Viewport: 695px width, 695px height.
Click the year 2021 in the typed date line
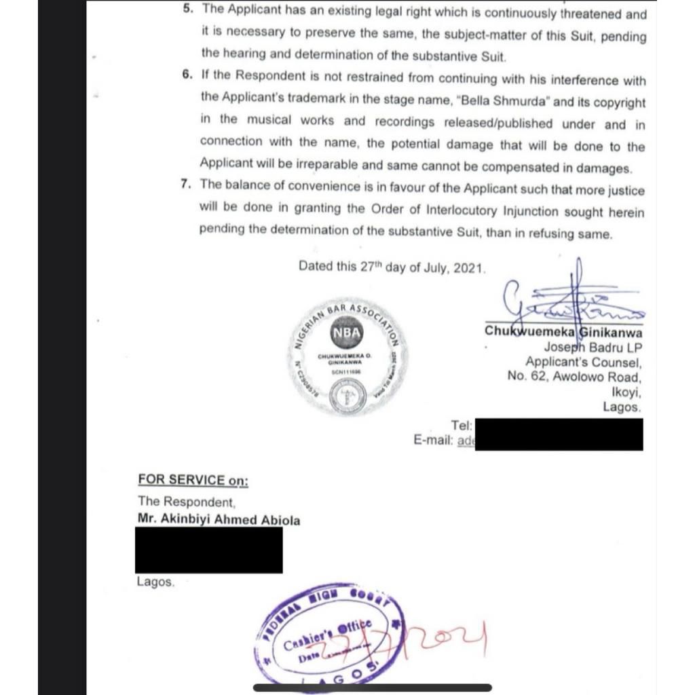click(468, 267)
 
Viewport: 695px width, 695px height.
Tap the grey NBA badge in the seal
click(347, 333)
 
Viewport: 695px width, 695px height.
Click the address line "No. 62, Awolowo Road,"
click(574, 377)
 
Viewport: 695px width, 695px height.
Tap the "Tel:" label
click(462, 426)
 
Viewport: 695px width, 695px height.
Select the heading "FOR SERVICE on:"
click(193, 480)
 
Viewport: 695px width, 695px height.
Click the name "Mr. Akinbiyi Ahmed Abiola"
click(219, 520)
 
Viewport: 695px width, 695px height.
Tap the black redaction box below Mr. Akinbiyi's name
click(208, 550)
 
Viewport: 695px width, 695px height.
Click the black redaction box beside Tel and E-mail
click(558, 434)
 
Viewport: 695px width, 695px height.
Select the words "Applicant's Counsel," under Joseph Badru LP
click(582, 362)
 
